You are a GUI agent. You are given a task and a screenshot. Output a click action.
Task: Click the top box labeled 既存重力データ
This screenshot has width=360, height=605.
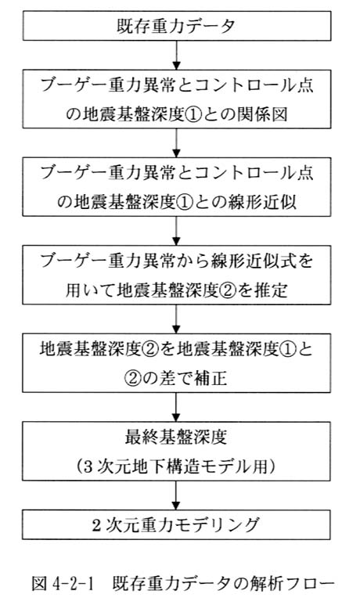point(177,26)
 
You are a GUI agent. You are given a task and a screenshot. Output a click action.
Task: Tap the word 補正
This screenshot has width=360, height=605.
point(211,378)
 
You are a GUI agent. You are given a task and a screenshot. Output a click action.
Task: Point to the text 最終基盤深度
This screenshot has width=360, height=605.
point(176,437)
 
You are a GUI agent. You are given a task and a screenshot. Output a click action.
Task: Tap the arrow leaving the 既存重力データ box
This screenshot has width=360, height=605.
point(176,55)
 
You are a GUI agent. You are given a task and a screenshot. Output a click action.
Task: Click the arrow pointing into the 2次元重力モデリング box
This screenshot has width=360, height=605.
point(176,495)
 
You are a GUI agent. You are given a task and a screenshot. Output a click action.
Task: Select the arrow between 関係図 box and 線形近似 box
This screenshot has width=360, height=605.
point(176,142)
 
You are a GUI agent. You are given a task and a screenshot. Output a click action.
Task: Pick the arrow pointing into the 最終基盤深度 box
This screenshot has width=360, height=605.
point(176,408)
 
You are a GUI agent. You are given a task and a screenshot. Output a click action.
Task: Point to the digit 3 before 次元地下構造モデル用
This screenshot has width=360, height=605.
point(88,466)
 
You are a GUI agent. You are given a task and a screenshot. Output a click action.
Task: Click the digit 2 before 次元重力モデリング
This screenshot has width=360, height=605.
point(96,524)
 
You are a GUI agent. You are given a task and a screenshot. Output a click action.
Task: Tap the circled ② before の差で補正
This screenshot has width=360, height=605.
point(134,378)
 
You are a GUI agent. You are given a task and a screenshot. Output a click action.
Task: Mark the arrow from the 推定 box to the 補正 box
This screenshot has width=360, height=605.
point(176,319)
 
